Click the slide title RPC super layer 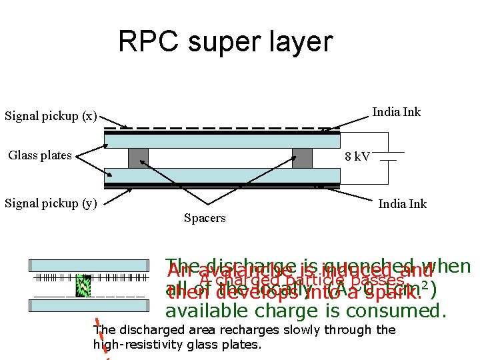click(x=225, y=42)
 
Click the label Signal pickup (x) click(x=51, y=116)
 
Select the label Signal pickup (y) click(x=51, y=203)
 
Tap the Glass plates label click(x=40, y=155)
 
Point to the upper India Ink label click(x=396, y=111)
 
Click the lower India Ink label click(x=402, y=203)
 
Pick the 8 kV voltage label click(x=357, y=157)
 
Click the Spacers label click(x=204, y=218)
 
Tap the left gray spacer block click(x=138, y=158)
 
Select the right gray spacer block click(x=301, y=158)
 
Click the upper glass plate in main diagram click(x=222, y=141)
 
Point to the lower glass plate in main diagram click(x=222, y=176)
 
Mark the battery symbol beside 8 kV click(x=388, y=157)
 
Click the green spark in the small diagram click(x=83, y=285)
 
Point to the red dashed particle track click(x=103, y=337)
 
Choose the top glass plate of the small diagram click(x=88, y=266)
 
